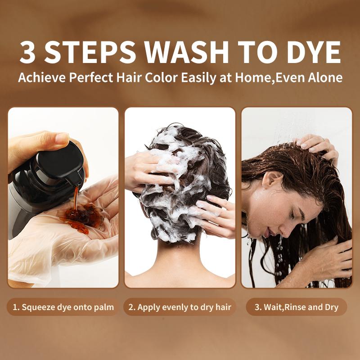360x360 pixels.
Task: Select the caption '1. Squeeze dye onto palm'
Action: coord(63,307)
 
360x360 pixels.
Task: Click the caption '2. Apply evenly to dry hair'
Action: coord(180,307)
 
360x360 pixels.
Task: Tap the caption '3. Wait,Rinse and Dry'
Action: coord(297,307)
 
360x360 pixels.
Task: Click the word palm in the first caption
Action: coord(105,308)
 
